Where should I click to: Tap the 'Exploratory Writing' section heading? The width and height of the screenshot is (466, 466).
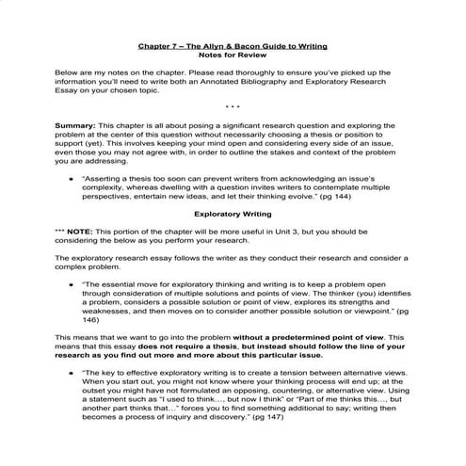point(233,214)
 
